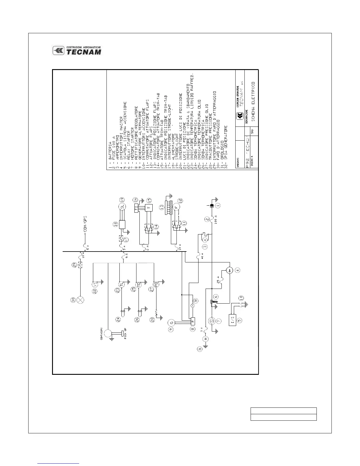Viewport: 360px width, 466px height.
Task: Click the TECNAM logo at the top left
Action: pos(77,51)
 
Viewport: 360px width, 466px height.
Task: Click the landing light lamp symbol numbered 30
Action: pos(80,300)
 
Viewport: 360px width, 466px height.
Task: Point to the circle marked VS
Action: pos(94,284)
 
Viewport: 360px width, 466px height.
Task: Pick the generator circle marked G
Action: pos(172,323)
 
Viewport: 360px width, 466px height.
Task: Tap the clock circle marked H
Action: pos(206,339)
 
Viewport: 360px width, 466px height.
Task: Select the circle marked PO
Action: pos(156,284)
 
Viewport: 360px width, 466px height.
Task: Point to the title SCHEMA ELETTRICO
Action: pos(254,100)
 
